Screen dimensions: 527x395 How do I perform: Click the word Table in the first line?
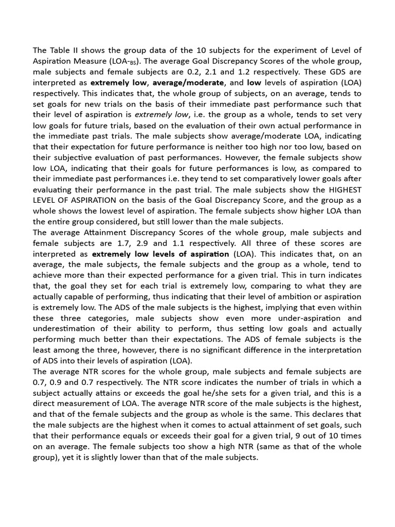point(60,50)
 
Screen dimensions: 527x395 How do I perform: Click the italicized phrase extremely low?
point(148,114)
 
